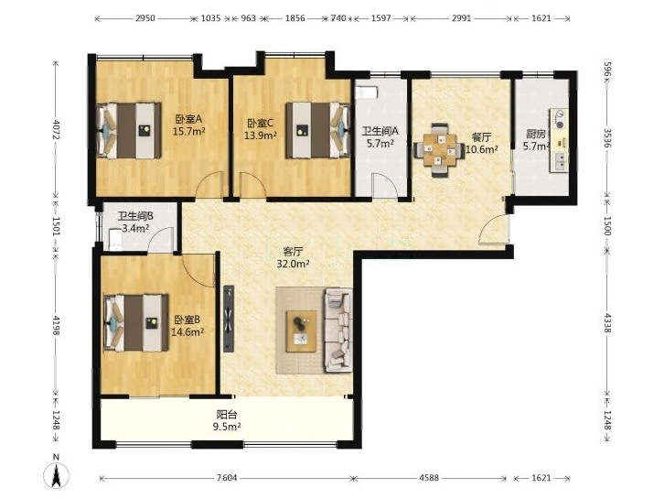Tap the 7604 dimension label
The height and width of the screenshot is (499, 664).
pyautogui.click(x=227, y=478)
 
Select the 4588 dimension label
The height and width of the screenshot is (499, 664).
pyautogui.click(x=429, y=478)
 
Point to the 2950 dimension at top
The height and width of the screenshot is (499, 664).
pyautogui.click(x=145, y=18)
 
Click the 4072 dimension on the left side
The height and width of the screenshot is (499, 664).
pyautogui.click(x=56, y=129)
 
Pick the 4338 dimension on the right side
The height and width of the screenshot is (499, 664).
pyautogui.click(x=607, y=322)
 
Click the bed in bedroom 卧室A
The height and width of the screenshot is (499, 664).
pyautogui.click(x=129, y=131)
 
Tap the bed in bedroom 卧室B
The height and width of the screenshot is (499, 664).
pyautogui.click(x=136, y=323)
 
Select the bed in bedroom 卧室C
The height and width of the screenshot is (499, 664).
pyautogui.click(x=318, y=130)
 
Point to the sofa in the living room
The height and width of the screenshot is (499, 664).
pyautogui.click(x=337, y=331)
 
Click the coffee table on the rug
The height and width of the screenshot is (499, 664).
pyautogui.click(x=301, y=331)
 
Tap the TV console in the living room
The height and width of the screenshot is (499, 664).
pyautogui.click(x=229, y=319)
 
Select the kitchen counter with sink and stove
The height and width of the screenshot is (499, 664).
pyautogui.click(x=559, y=140)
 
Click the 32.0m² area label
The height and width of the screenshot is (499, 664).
pyautogui.click(x=293, y=264)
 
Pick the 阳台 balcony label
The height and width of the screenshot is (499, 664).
pyautogui.click(x=227, y=414)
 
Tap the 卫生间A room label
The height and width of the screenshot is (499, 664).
pyautogui.click(x=380, y=132)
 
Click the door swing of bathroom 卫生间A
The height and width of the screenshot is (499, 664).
pyautogui.click(x=384, y=184)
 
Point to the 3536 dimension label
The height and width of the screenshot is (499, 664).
pyautogui.click(x=607, y=138)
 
